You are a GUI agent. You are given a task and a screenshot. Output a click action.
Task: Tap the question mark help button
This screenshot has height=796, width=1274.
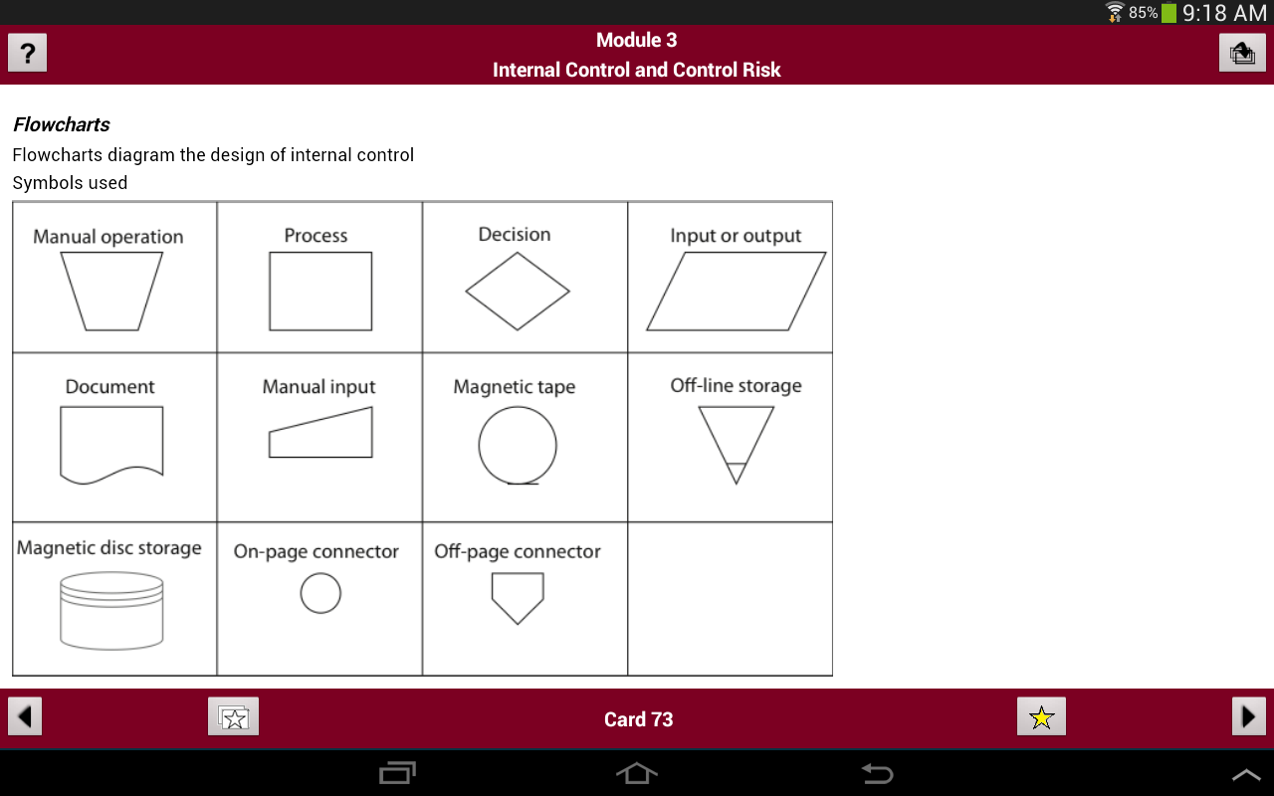click(27, 53)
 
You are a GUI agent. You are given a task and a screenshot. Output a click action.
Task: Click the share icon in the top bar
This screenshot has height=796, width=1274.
click(1242, 53)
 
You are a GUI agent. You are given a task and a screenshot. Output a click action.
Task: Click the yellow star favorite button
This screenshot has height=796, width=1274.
click(1041, 716)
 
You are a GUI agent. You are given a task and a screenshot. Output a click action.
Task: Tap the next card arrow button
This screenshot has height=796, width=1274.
click(1249, 716)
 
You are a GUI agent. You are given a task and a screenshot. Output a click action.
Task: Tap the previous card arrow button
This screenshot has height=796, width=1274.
click(25, 716)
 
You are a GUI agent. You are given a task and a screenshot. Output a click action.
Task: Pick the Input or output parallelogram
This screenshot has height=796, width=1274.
click(666, 292)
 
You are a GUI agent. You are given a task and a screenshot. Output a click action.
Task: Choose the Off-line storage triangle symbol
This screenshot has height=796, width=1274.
click(718, 445)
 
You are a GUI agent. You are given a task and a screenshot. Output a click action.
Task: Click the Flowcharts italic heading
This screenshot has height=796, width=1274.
click(62, 124)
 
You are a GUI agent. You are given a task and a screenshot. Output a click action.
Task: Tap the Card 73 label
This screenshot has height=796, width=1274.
click(638, 719)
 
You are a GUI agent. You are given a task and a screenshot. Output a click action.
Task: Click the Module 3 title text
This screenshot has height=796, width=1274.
click(636, 40)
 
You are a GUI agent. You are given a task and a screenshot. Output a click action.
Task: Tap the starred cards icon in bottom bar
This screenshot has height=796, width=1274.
click(233, 716)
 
